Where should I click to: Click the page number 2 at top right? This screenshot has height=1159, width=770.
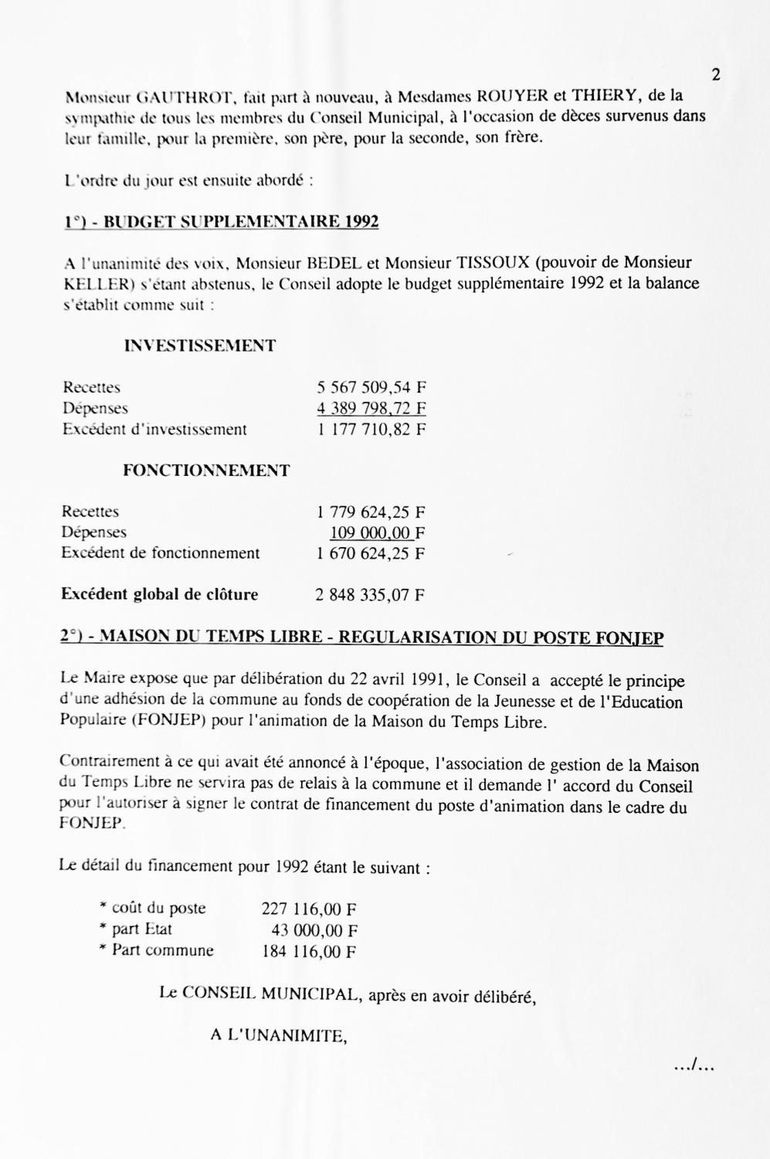[x=715, y=75]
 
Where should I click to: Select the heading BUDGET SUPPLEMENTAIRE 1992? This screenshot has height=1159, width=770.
[x=221, y=223]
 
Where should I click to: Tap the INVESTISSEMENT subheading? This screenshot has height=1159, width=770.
[x=199, y=345]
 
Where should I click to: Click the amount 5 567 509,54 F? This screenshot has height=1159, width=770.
[x=371, y=387]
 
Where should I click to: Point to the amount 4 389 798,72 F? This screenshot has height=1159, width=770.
[x=371, y=408]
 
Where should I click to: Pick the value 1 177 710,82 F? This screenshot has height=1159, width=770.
[x=371, y=429]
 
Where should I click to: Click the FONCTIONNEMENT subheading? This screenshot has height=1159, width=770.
[x=206, y=471]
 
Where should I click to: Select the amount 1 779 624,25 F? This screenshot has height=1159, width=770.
[x=371, y=512]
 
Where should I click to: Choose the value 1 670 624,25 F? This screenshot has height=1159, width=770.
[x=371, y=553]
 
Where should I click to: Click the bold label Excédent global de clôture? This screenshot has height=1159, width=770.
[x=159, y=594]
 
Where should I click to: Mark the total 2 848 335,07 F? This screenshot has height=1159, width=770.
[x=370, y=595]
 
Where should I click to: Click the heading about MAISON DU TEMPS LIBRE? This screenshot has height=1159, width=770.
[x=361, y=637]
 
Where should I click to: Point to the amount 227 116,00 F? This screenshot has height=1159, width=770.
[x=309, y=909]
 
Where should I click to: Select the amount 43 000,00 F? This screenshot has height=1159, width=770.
[x=314, y=930]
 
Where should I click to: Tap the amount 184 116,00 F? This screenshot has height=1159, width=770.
[x=309, y=951]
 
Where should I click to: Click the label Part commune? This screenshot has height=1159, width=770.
[x=162, y=950]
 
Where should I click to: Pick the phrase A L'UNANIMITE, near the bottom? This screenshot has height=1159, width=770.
[x=278, y=1036]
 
